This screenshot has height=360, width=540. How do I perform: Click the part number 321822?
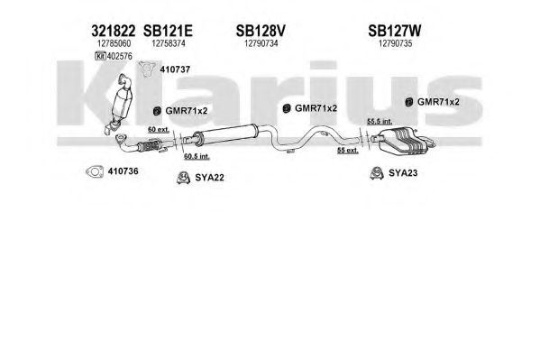click(x=114, y=31)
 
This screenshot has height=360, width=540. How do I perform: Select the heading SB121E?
click(x=168, y=31)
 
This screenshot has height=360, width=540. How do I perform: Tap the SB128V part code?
click(x=261, y=31)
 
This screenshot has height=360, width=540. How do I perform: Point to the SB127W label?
click(x=394, y=31)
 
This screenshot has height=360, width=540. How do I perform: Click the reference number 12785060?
click(x=114, y=43)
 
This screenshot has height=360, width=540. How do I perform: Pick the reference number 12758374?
click(x=169, y=43)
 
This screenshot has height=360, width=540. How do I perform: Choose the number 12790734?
click(x=261, y=43)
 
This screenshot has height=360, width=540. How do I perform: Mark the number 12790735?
click(x=395, y=43)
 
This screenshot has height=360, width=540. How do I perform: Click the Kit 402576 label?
click(x=114, y=56)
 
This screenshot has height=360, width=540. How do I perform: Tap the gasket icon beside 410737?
click(x=147, y=69)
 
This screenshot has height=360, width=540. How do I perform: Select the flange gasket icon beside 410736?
click(x=95, y=171)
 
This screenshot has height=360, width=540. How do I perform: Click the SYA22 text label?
click(x=209, y=178)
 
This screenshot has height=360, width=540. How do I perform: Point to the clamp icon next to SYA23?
click(x=377, y=173)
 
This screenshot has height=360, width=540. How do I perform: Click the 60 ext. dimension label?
click(x=159, y=130)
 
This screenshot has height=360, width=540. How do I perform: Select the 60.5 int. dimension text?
click(x=197, y=156)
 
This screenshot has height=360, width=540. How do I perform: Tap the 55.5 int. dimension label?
click(x=380, y=122)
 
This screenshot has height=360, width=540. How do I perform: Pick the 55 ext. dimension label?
click(x=347, y=151)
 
